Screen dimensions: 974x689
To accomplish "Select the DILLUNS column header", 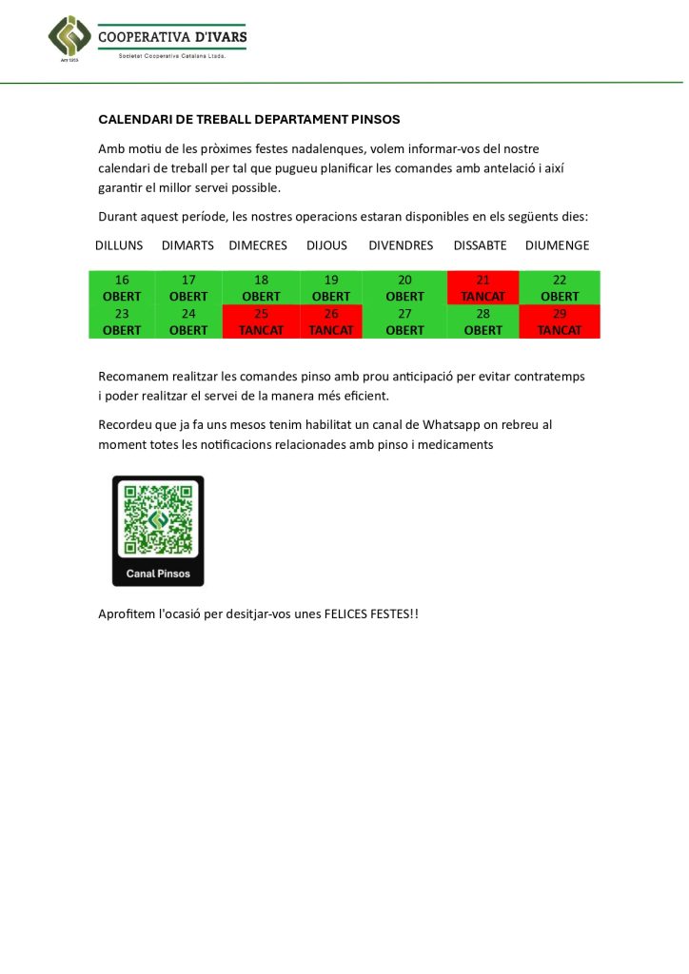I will (119, 245).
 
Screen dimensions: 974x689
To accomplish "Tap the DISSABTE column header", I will (480, 245).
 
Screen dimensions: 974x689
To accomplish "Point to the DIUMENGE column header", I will (557, 245).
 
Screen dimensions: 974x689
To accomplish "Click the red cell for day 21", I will (482, 288).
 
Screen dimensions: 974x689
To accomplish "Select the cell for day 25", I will (261, 321).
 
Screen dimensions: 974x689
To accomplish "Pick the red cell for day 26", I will (331, 321).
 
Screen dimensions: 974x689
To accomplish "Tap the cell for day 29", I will (560, 321).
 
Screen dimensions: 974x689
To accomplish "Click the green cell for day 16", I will (122, 288).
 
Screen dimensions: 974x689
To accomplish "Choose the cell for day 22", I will (560, 288).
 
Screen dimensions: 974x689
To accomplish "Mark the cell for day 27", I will (404, 321).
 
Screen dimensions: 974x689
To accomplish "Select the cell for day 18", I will (261, 288).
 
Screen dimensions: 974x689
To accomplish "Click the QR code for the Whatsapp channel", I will (158, 520).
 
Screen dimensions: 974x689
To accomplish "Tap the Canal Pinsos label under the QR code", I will (158, 574).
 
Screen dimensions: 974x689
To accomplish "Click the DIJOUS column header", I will (326, 245).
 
